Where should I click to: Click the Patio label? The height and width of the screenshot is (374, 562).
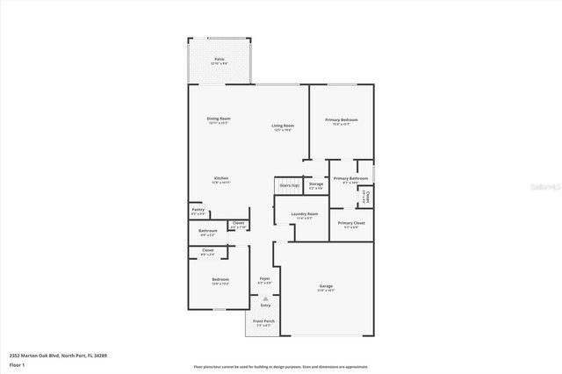coord(219,60)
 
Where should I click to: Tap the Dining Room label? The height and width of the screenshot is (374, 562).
coord(219,119)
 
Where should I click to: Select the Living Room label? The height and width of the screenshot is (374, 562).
coord(282,126)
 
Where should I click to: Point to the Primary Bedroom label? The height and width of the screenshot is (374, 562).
coord(342,119)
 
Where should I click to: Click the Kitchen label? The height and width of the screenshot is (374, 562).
coord(220,178)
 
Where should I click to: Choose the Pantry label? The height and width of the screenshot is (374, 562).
coord(198,210)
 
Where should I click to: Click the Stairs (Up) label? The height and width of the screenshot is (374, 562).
coord(289,185)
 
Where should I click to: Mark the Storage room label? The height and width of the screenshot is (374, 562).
coord(316,184)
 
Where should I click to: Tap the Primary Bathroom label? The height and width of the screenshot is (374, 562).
coord(350,178)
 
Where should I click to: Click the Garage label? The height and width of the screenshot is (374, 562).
coord(325,286)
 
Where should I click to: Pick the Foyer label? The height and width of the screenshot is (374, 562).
coord(263,278)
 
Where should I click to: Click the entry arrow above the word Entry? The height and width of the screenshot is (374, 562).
coord(265,298)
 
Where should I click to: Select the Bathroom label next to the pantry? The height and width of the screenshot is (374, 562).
coord(208,231)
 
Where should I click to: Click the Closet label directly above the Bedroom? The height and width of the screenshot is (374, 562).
coord(207,251)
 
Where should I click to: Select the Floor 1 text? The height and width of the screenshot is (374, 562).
coord(17,363)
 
